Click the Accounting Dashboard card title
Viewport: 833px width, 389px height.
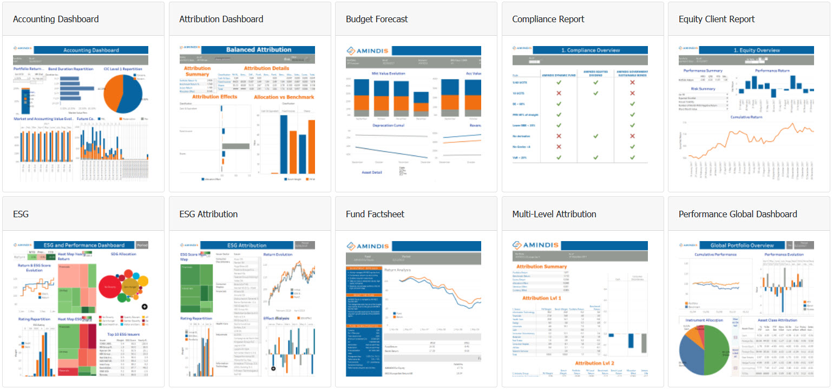tap(56, 19)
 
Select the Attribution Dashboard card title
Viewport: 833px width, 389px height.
tap(221, 19)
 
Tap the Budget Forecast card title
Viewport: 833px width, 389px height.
tap(377, 19)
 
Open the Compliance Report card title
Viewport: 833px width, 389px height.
tap(548, 19)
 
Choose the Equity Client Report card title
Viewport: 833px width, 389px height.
tap(717, 19)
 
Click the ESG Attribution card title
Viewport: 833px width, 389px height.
tap(208, 214)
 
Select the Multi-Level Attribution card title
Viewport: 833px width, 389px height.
tap(554, 214)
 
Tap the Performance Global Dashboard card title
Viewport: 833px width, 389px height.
tap(738, 214)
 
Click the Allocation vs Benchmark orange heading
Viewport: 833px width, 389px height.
tap(284, 97)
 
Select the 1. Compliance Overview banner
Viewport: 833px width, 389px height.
tap(593, 50)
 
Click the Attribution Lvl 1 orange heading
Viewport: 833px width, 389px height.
tap(541, 298)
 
